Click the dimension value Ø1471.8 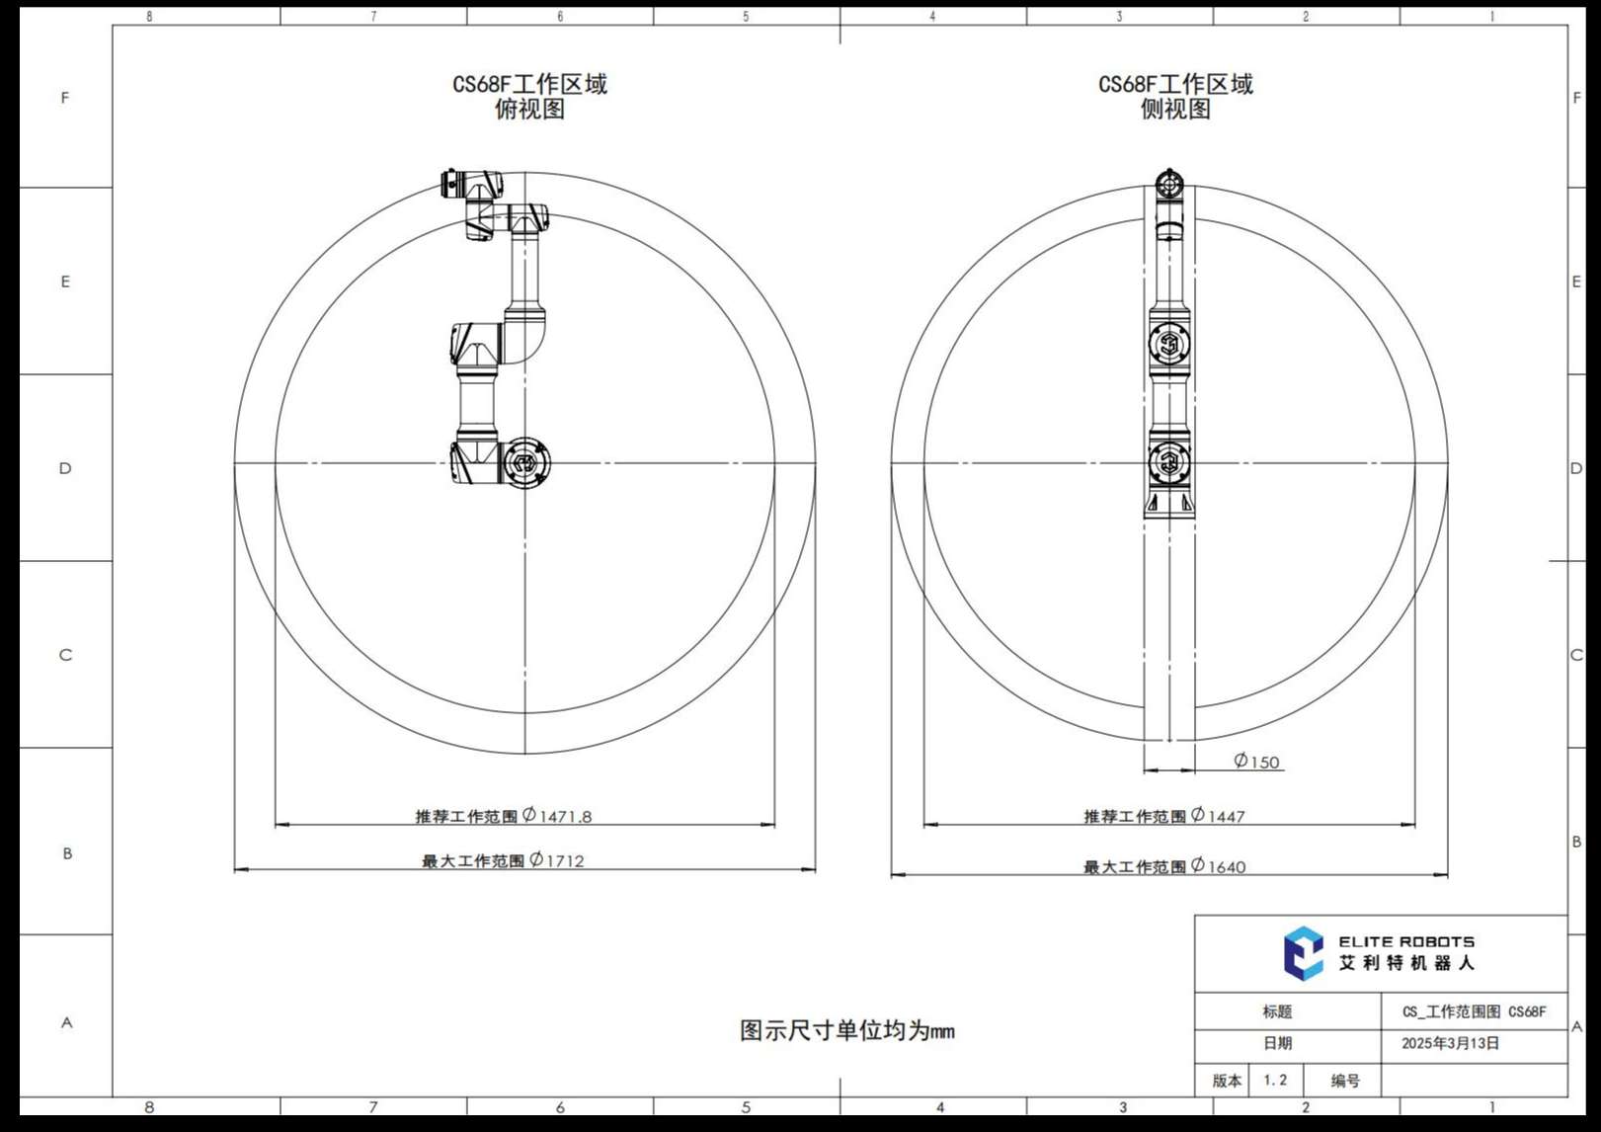coord(557,815)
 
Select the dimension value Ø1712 coord(557,859)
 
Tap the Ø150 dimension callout coord(1256,762)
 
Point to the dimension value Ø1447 coord(1218,815)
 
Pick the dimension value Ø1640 coord(1218,866)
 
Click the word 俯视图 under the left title coord(529,110)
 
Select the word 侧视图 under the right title coord(1175,110)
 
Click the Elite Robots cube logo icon coord(1303,953)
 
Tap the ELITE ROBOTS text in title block coord(1405,942)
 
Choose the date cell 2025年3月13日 coord(1450,1043)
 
